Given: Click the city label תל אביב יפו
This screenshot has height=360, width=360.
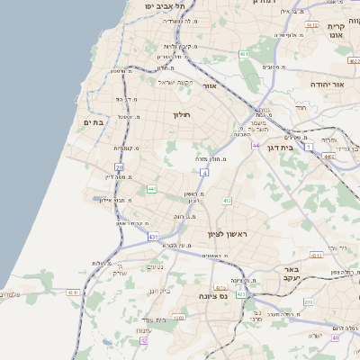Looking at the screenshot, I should [x=161, y=5].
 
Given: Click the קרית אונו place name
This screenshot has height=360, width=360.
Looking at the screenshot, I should [x=337, y=30].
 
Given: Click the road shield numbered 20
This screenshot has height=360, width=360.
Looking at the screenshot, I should [x=119, y=167].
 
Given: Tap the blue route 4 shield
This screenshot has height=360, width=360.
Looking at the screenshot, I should [x=205, y=171].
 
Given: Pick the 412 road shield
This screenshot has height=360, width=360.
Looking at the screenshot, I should [x=227, y=201].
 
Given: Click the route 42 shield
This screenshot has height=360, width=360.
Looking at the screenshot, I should [x=143, y=340].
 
